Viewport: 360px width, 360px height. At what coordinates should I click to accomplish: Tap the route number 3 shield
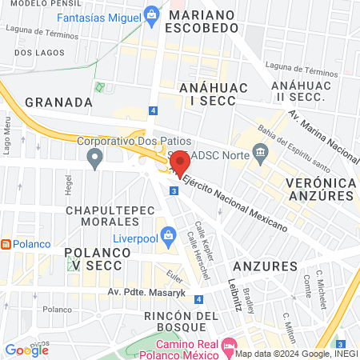[x=174, y=190]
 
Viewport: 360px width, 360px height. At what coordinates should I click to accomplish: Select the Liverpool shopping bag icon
[x=167, y=234]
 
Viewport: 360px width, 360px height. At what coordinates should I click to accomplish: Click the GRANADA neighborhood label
[x=59, y=102]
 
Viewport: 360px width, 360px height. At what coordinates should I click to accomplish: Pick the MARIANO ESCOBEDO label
[x=200, y=20]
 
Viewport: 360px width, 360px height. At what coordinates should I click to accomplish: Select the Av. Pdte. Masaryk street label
[x=145, y=293]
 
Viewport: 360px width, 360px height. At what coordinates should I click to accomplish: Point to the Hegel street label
[x=67, y=186]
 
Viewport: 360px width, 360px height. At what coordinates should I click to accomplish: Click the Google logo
[x=27, y=350]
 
